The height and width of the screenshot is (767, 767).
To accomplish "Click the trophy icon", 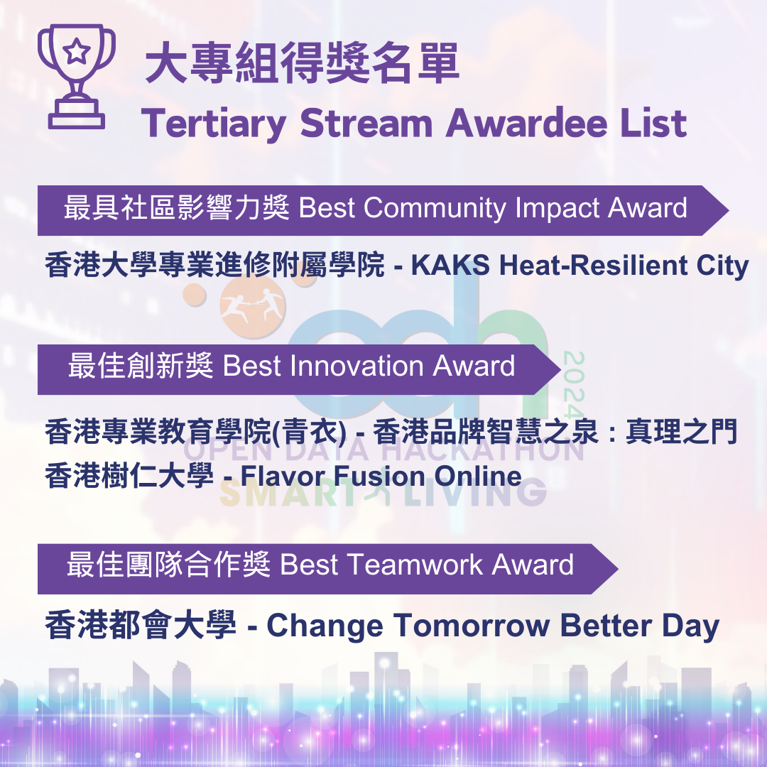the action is pos(76,76).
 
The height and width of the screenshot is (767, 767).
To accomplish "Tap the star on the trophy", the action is pos(76,51).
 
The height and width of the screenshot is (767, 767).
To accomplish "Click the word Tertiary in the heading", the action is pos(214,124).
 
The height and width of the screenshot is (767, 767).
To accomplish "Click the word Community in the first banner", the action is pos(435,208).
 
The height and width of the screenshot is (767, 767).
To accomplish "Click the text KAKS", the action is pos(450,265).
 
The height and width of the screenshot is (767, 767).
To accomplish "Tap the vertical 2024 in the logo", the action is pos(573,384).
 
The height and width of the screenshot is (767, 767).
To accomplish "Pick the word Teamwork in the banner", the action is pos(415,565).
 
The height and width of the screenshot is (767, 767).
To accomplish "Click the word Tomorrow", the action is pos(472,626).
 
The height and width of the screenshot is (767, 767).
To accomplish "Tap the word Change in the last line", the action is pos(325,626).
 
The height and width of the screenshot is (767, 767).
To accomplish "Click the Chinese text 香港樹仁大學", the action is pos(129,476).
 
